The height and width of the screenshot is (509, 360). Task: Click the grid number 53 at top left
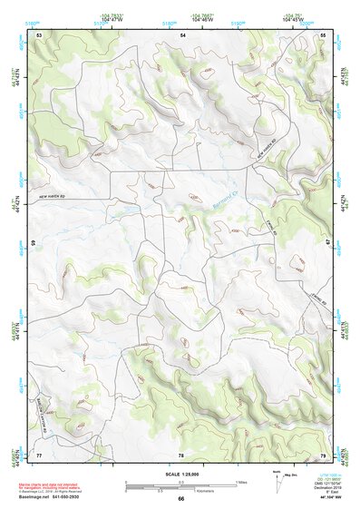click(39, 34)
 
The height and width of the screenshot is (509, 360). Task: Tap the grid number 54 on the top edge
click(182, 34)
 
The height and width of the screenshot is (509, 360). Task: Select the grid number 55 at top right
click(324, 34)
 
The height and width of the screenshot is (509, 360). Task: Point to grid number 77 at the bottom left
click(39, 455)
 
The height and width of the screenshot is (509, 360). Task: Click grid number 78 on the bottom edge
click(181, 455)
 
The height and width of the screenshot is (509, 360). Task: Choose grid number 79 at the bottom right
click(323, 455)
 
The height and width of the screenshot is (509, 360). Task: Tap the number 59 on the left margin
click(34, 244)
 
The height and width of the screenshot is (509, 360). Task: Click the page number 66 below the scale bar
click(181, 498)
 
